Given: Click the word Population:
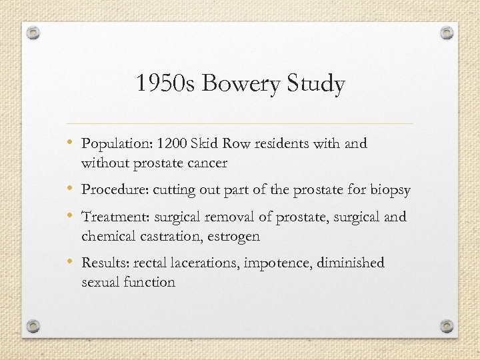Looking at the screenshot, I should point(117,144).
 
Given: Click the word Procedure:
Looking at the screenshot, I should point(115,190).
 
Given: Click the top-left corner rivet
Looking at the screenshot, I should point(35,32).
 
